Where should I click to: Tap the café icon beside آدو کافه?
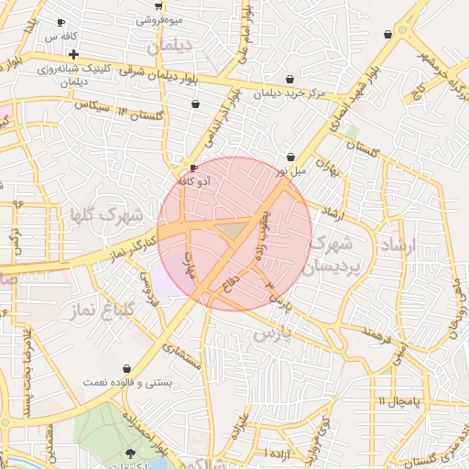click(x=192, y=169)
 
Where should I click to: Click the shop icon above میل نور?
click(x=290, y=157)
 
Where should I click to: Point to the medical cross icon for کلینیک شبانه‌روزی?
click(x=73, y=55)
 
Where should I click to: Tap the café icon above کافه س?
click(x=60, y=23)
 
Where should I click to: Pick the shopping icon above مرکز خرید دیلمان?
click(x=290, y=80)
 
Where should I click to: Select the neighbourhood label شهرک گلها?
click(x=106, y=216)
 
